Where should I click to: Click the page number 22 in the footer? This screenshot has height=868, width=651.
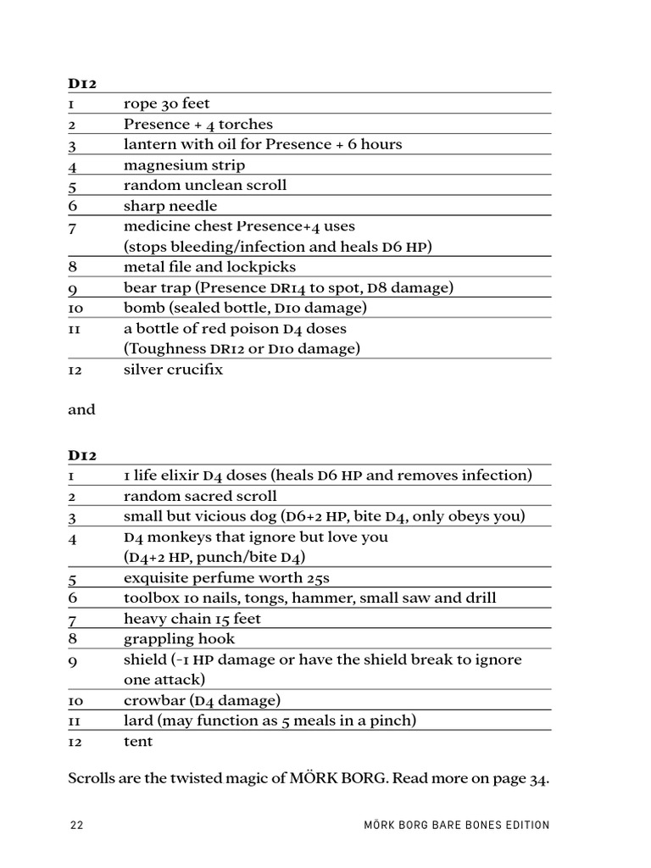[76, 825]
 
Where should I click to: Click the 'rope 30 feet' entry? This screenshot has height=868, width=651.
[166, 104]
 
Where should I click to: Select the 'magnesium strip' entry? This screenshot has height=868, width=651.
[184, 165]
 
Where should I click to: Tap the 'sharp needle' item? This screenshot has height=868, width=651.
[170, 206]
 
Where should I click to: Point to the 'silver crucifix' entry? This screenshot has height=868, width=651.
[173, 370]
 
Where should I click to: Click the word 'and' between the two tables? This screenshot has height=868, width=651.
[81, 409]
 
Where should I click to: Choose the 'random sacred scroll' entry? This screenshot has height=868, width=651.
[200, 496]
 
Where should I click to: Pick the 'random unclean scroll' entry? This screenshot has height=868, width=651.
[205, 186]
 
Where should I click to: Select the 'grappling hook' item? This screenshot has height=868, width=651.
[179, 639]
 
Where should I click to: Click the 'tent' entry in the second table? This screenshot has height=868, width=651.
[138, 742]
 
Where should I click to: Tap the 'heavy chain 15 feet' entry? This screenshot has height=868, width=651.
[192, 619]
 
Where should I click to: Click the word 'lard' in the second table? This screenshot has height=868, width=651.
[138, 721]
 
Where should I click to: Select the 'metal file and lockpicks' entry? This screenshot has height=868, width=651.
[209, 267]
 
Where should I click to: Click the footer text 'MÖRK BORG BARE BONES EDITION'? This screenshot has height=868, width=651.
[455, 825]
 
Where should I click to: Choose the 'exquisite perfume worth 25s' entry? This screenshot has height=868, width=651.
[226, 578]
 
